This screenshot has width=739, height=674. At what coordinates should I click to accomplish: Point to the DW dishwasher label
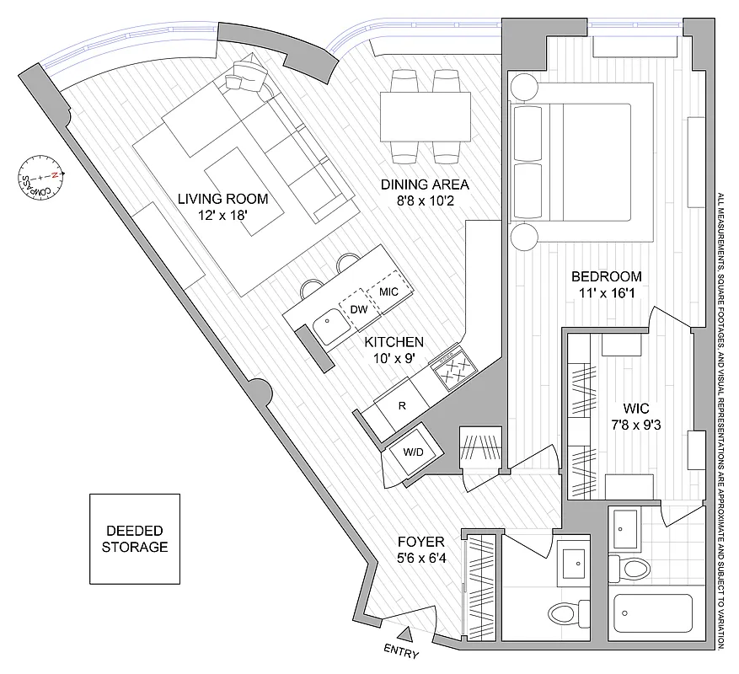[358, 309]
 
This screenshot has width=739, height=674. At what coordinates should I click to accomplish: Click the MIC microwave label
[388, 292]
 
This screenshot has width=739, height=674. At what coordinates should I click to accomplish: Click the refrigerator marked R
[403, 405]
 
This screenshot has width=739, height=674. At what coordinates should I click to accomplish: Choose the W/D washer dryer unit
[413, 452]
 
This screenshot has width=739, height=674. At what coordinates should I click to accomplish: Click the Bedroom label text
[606, 276]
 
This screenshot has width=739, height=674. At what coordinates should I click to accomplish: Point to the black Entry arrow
[405, 633]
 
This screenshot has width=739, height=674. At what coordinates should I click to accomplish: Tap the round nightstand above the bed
[522, 87]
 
